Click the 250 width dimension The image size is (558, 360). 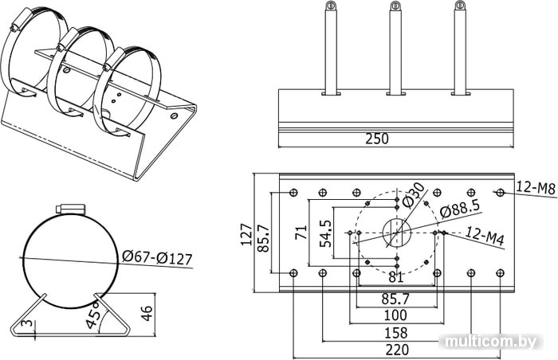point(377,139)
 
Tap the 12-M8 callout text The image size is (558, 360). point(536,187)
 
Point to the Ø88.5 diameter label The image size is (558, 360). point(460,209)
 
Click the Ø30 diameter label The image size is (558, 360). point(414,195)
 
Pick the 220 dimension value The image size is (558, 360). point(397,350)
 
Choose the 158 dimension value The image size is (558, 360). point(396,333)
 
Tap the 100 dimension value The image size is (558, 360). point(395,315)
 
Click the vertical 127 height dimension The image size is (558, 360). point(246,234)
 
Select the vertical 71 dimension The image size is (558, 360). point(301,233)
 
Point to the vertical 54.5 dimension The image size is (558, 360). point(325,233)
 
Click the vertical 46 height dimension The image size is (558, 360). point(147,313)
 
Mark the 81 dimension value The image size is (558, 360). point(395,277)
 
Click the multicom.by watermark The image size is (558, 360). point(491,342)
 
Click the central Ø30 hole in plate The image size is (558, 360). point(397,233)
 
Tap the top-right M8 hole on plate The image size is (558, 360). point(501,193)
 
